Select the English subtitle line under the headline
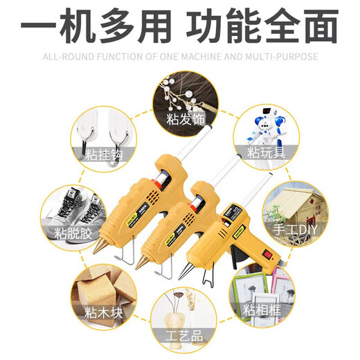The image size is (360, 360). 180,57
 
